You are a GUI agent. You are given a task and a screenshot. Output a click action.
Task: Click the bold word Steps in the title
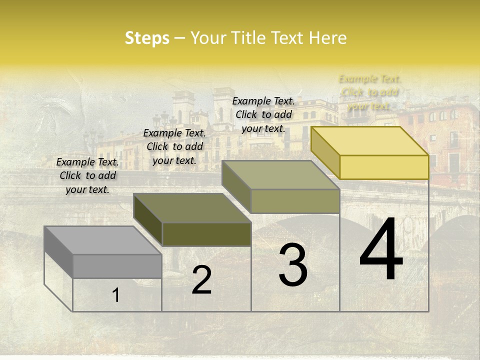tap(147, 38)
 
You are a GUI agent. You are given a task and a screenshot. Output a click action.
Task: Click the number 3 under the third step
tap(293, 265)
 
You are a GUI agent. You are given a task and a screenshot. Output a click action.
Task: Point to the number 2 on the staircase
tap(201, 280)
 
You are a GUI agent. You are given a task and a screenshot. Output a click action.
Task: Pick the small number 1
tap(115, 295)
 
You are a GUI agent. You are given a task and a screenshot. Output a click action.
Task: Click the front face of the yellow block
tap(384, 167)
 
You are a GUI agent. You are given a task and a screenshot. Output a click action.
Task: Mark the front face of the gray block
tap(117, 266)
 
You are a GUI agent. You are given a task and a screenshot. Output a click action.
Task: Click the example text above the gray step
tap(87, 175)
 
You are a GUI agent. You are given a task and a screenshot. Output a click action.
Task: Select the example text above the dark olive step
tap(174, 146)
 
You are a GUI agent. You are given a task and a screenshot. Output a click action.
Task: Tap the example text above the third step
tap(263, 114)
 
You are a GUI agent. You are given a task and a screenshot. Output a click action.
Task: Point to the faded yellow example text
tap(370, 92)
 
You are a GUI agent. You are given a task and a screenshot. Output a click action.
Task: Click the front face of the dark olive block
tap(206, 234)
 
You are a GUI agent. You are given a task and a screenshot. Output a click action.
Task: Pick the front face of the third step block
tap(295, 201)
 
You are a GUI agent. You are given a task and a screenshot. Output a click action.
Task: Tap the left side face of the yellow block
tap(325, 152)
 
